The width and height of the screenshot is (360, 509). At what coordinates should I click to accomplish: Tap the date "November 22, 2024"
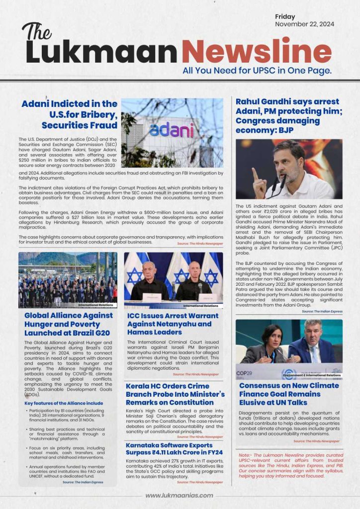pyautogui.click(x=304, y=24)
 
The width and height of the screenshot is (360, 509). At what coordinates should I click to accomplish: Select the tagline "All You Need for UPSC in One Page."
pyautogui.click(x=257, y=71)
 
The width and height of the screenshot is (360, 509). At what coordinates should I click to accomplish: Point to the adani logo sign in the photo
pyautogui.click(x=171, y=130)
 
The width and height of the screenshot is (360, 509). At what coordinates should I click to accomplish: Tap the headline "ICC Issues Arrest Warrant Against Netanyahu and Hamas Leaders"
pyautogui.click(x=173, y=324)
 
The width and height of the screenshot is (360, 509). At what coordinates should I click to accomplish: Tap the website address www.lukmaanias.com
pyautogui.click(x=179, y=495)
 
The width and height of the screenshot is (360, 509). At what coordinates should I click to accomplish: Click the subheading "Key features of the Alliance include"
pyautogui.click(x=64, y=403)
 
